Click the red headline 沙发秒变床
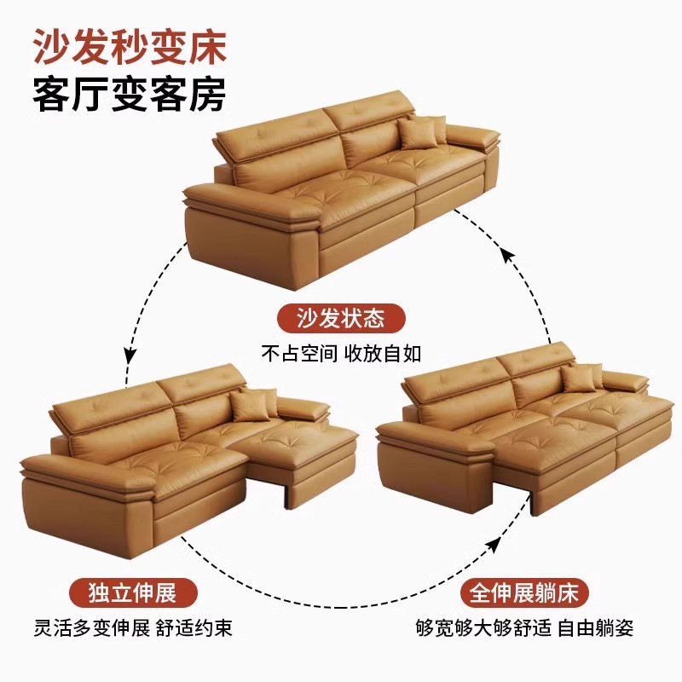[x=129, y=48]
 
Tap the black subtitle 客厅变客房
[x=129, y=95]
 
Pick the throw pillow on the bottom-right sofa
[x=582, y=377]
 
